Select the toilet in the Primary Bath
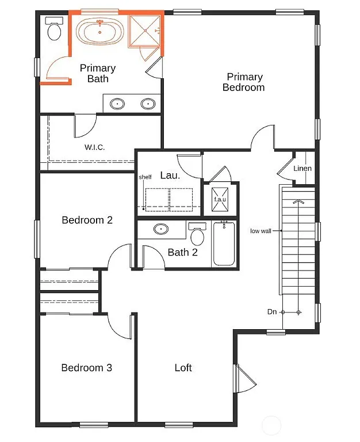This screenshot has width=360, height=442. pyautogui.click(x=55, y=30)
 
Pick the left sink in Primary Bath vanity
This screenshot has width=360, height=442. pyautogui.click(x=117, y=104)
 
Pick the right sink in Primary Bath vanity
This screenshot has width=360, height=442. pyautogui.click(x=148, y=104)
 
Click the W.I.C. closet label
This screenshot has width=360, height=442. pyautogui.click(x=95, y=147)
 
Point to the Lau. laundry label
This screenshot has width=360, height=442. pyautogui.click(x=170, y=174)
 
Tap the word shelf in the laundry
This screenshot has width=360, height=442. pyautogui.click(x=145, y=177)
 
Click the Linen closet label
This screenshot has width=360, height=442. pyautogui.click(x=302, y=169)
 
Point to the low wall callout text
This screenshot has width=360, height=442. pyautogui.click(x=261, y=231)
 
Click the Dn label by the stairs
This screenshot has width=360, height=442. pyautogui.click(x=272, y=312)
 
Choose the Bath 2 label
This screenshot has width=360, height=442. pyautogui.click(x=183, y=252)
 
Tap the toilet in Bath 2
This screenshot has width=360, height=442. pyautogui.click(x=197, y=234)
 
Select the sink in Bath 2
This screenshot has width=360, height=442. pyautogui.click(x=161, y=230)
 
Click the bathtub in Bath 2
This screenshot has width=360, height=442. pyautogui.click(x=223, y=244)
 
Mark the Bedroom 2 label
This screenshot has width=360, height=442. pyautogui.click(x=87, y=220)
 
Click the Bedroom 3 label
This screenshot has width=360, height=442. pyautogui.click(x=87, y=368)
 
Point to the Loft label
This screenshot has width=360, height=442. pyautogui.click(x=183, y=368)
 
